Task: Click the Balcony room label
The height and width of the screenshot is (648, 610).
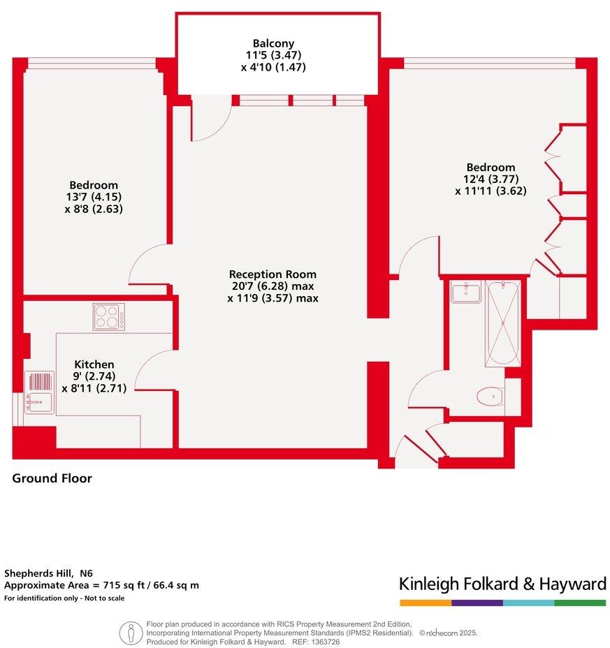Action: point(273,43)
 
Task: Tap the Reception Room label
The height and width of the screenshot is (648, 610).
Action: point(273,274)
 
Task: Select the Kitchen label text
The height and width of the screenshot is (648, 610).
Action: point(94,364)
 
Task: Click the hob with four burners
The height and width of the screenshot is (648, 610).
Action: point(109,316)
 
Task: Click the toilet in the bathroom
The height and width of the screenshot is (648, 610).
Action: point(491,397)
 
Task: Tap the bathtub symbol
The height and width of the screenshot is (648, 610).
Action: point(502,323)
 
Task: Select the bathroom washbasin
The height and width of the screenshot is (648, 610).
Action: point(466,292)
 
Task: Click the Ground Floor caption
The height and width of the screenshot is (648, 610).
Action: point(52,478)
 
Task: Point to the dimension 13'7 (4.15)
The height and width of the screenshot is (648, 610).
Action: point(93,197)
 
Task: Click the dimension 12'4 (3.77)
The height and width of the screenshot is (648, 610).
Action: point(491,179)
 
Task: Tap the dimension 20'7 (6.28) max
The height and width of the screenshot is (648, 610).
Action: point(273,286)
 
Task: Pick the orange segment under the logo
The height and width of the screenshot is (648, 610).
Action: point(425,602)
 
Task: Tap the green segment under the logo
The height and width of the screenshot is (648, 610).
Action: point(580,602)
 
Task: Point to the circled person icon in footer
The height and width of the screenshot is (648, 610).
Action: point(131,633)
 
